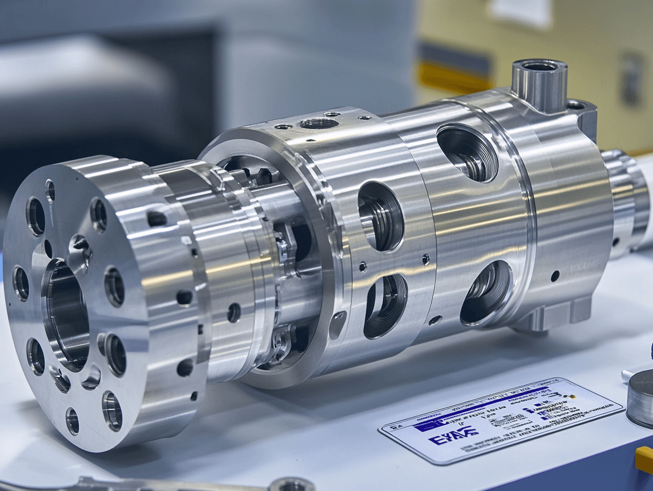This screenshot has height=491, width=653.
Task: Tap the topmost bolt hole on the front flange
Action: pos(50,190)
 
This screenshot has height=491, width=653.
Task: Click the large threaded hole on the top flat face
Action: pos(319,123)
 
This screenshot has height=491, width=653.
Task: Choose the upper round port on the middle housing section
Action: pos(381,216)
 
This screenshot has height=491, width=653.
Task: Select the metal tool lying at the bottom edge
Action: pos(159,484)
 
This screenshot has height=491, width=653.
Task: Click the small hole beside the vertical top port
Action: pos(576,105)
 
